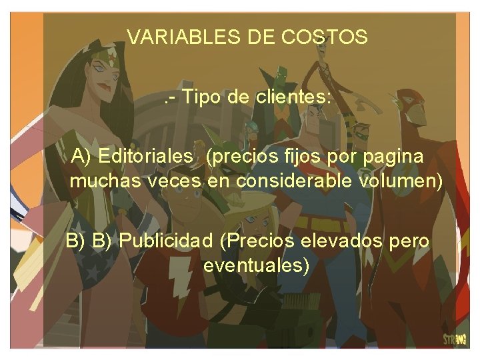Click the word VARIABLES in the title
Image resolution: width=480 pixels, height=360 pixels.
[173, 37]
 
